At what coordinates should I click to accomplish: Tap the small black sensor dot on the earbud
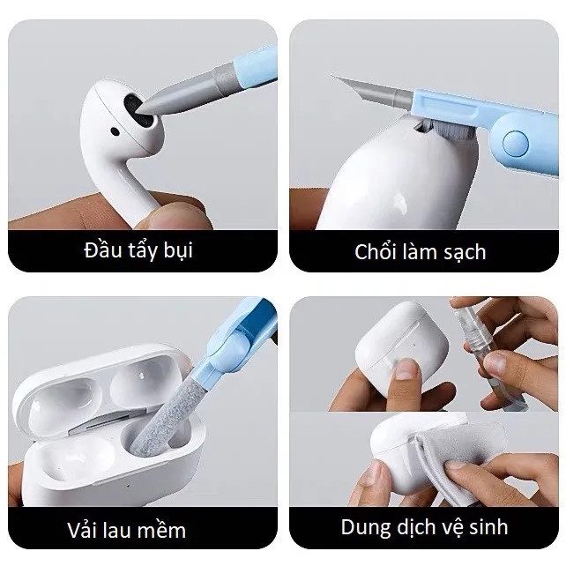pyautogui.click(x=115, y=133)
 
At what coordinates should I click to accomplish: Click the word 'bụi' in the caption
pyautogui.click(x=176, y=250)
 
